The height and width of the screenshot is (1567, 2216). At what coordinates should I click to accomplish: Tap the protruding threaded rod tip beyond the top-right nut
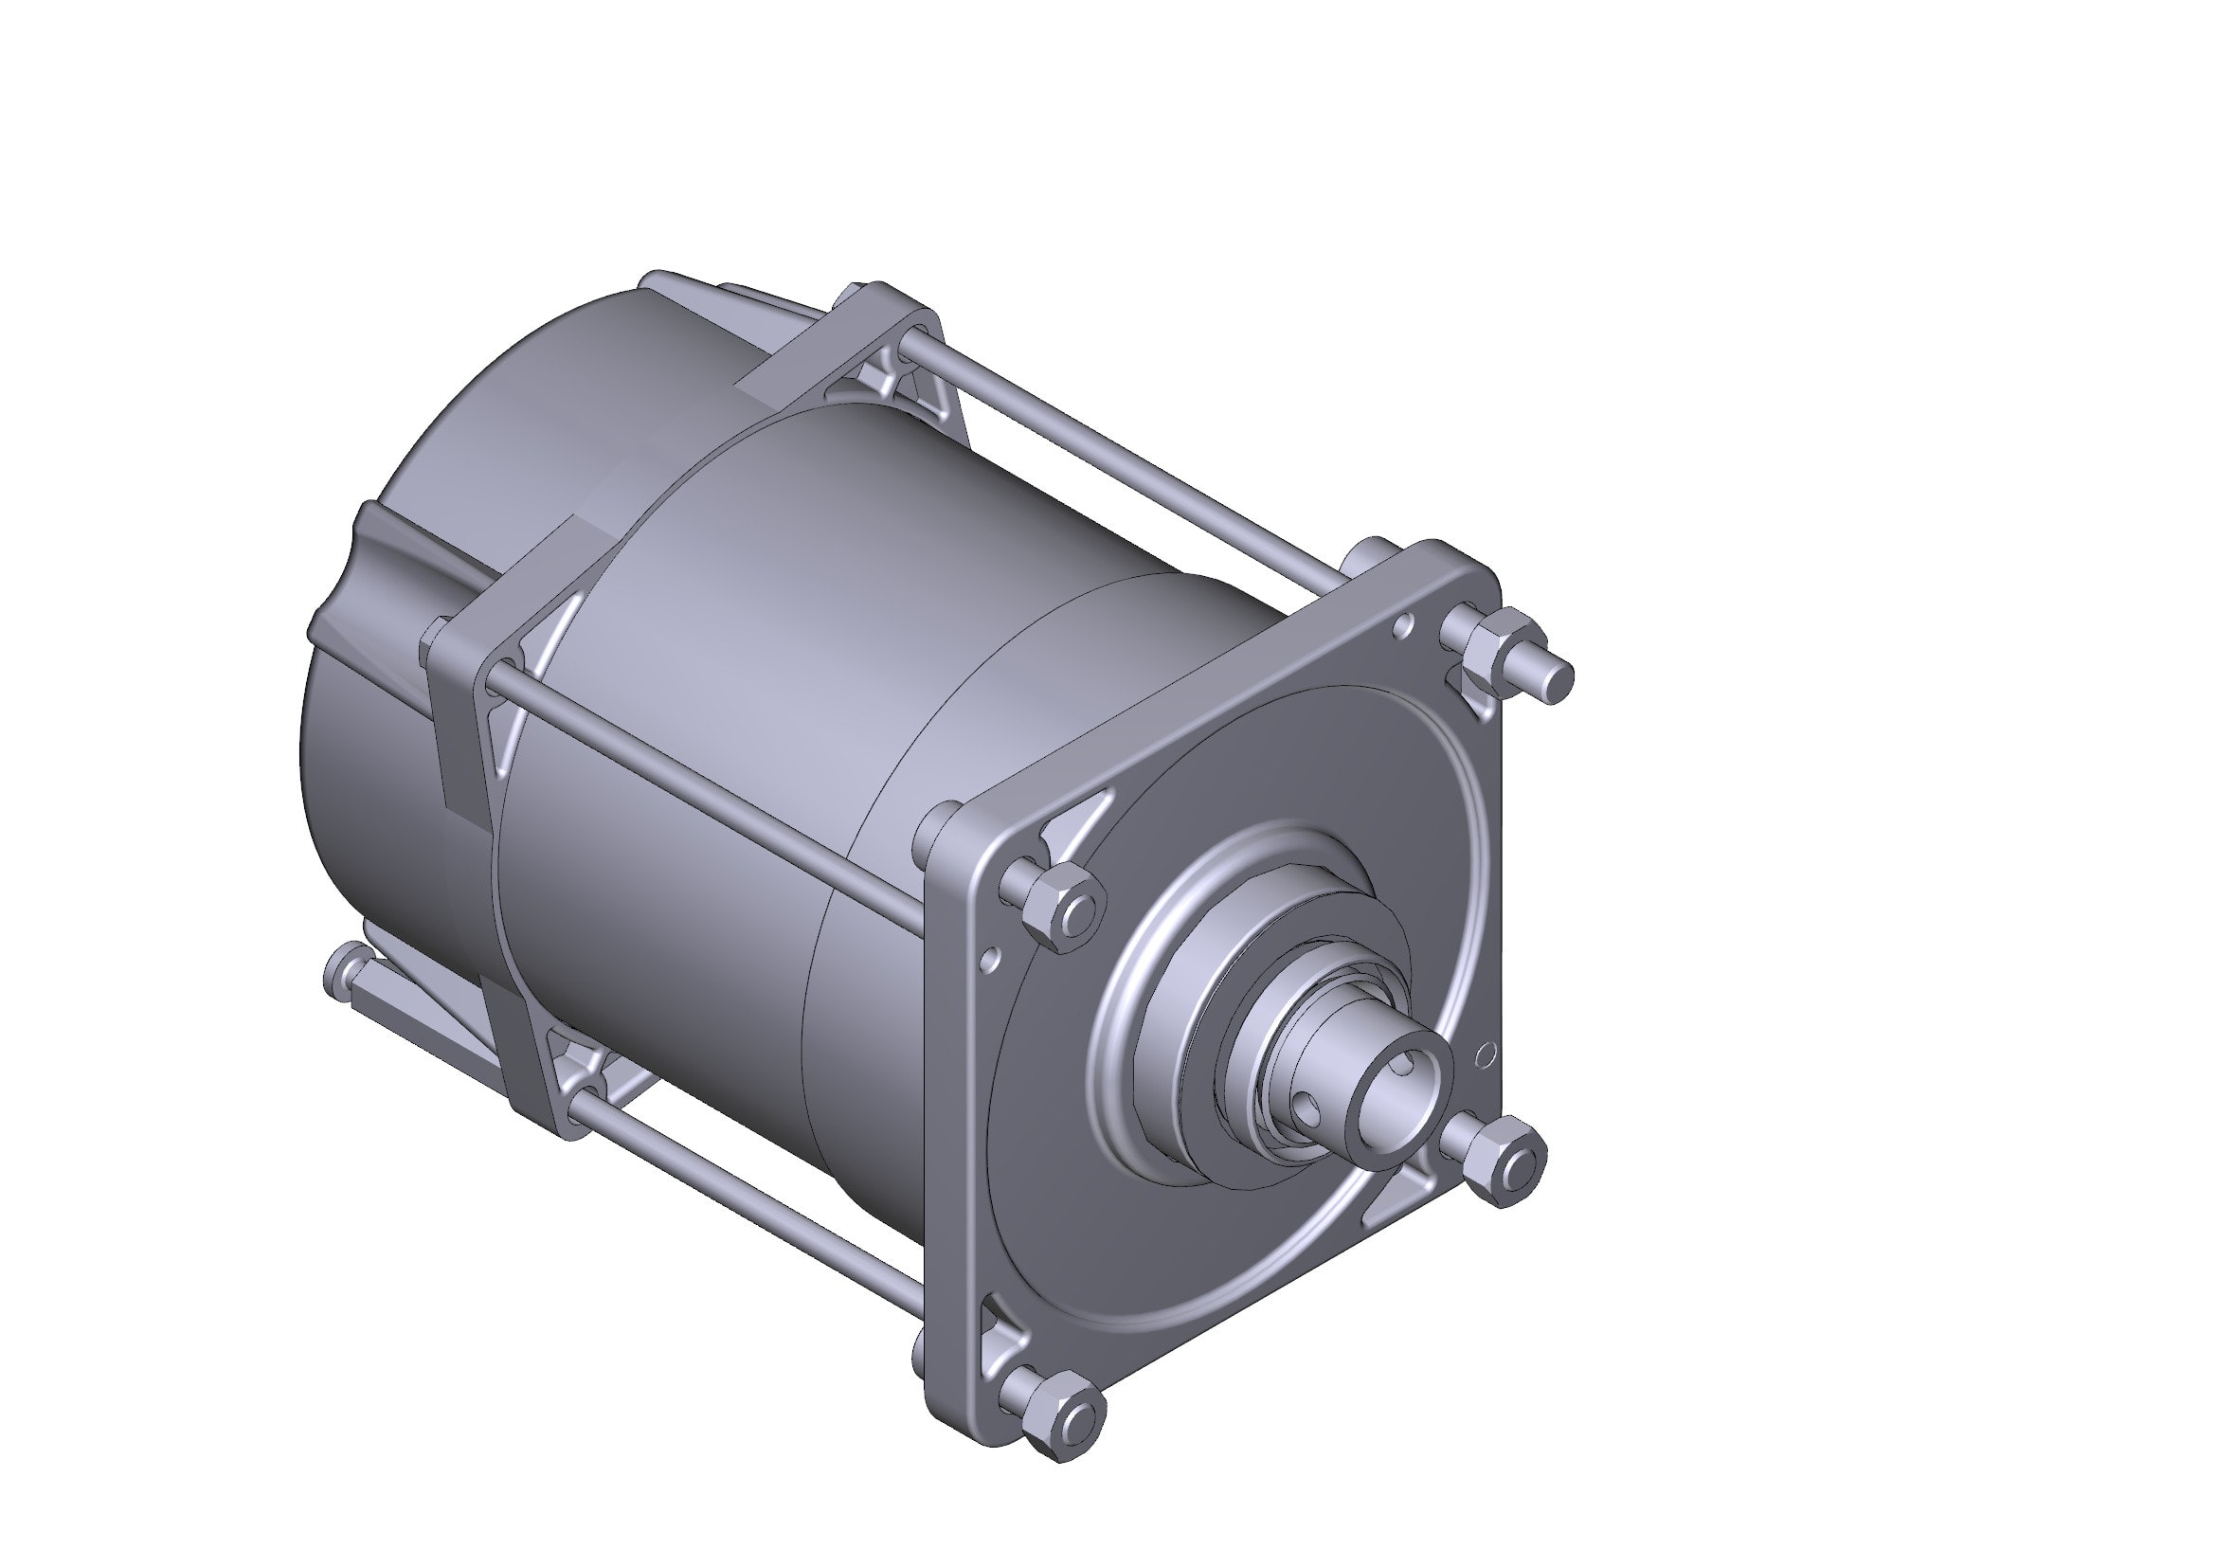1556,682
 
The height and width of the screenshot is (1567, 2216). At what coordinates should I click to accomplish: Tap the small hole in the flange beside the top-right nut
1404,628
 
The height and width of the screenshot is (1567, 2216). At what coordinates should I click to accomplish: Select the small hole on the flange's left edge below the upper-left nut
986,960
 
